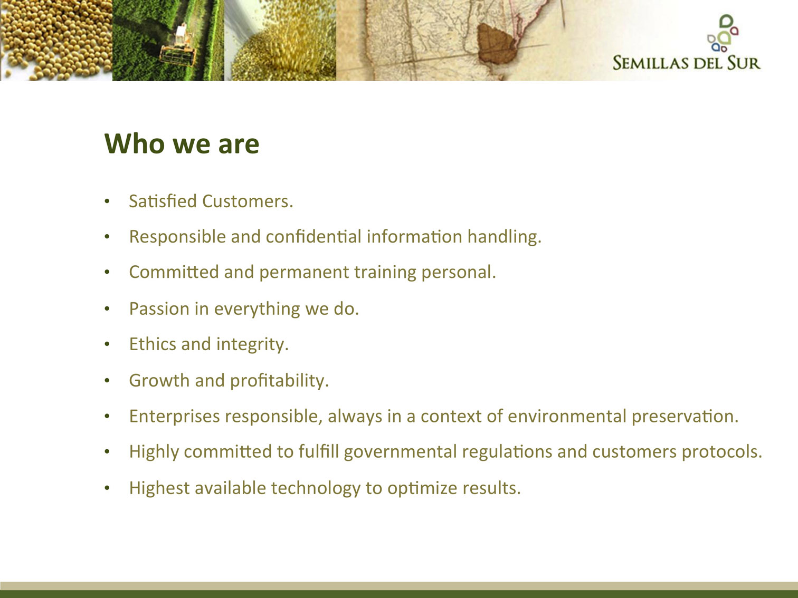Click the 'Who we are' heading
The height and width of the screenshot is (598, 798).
click(182, 144)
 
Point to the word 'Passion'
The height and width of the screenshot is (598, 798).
click(159, 308)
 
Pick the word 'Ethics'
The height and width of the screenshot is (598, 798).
click(153, 344)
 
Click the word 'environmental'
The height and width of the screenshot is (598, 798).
click(567, 416)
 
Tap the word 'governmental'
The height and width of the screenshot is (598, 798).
click(400, 452)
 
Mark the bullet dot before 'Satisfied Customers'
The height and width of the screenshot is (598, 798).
click(107, 201)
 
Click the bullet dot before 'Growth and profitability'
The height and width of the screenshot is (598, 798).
click(107, 381)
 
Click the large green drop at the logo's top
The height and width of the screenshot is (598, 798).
click(726, 21)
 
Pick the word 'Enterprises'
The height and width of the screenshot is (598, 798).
click(174, 417)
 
